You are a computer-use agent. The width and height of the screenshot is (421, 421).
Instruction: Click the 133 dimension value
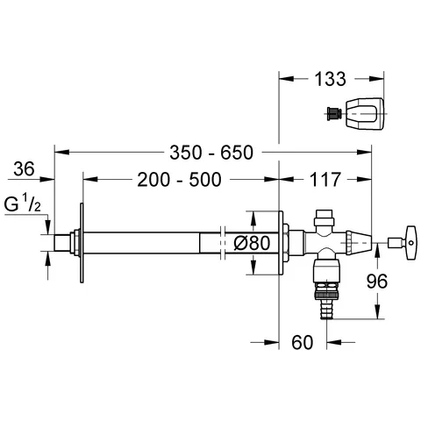pyautogui.click(x=330, y=79)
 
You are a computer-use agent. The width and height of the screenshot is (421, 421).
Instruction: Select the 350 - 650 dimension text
pyautogui.click(x=211, y=153)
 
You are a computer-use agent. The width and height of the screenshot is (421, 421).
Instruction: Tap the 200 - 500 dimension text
pyautogui.click(x=179, y=180)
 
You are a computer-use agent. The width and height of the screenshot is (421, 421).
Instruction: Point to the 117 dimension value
pyautogui.click(x=325, y=180)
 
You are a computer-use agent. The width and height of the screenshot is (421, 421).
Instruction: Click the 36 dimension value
pyautogui.click(x=24, y=168)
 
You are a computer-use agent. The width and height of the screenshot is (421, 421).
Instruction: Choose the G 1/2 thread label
pyautogui.click(x=23, y=203)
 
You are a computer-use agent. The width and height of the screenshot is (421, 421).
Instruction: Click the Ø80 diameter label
pyautogui.click(x=253, y=243)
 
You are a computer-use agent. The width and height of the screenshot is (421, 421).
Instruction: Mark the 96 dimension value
pyautogui.click(x=377, y=281)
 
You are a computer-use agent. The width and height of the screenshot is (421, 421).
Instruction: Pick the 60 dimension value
pyautogui.click(x=303, y=342)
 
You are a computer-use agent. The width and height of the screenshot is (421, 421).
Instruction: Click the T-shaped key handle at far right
pyautogui.click(x=403, y=243)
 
